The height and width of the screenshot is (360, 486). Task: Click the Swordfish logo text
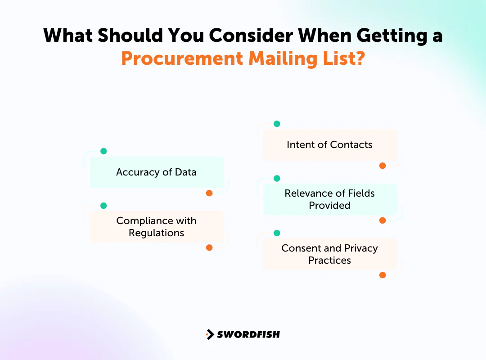coord(248,334)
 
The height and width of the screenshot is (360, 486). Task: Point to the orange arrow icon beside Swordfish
coord(210,334)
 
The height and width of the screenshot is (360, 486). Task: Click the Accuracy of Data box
coord(157,172)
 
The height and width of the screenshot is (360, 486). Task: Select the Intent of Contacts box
coord(329,144)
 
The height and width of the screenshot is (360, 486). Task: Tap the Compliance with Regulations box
coord(157,227)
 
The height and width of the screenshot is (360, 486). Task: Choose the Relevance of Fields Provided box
coord(329,199)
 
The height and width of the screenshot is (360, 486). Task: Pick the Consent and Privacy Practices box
coord(329,254)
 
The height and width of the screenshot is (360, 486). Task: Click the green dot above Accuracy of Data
coord(103,151)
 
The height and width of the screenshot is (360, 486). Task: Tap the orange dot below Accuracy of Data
coord(209,193)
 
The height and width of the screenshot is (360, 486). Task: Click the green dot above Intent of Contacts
coord(277,124)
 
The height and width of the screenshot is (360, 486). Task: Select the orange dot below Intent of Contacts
coord(382,166)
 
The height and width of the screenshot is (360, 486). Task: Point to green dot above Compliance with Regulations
coord(103,206)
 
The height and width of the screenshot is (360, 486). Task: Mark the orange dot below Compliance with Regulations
coord(209,247)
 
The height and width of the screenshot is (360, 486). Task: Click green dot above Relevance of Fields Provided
coord(277,178)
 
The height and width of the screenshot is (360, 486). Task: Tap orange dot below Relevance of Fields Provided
coord(382,220)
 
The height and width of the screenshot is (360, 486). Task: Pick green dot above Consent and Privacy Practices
coord(277,233)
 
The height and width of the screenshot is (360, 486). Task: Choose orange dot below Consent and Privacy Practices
coord(382,275)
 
